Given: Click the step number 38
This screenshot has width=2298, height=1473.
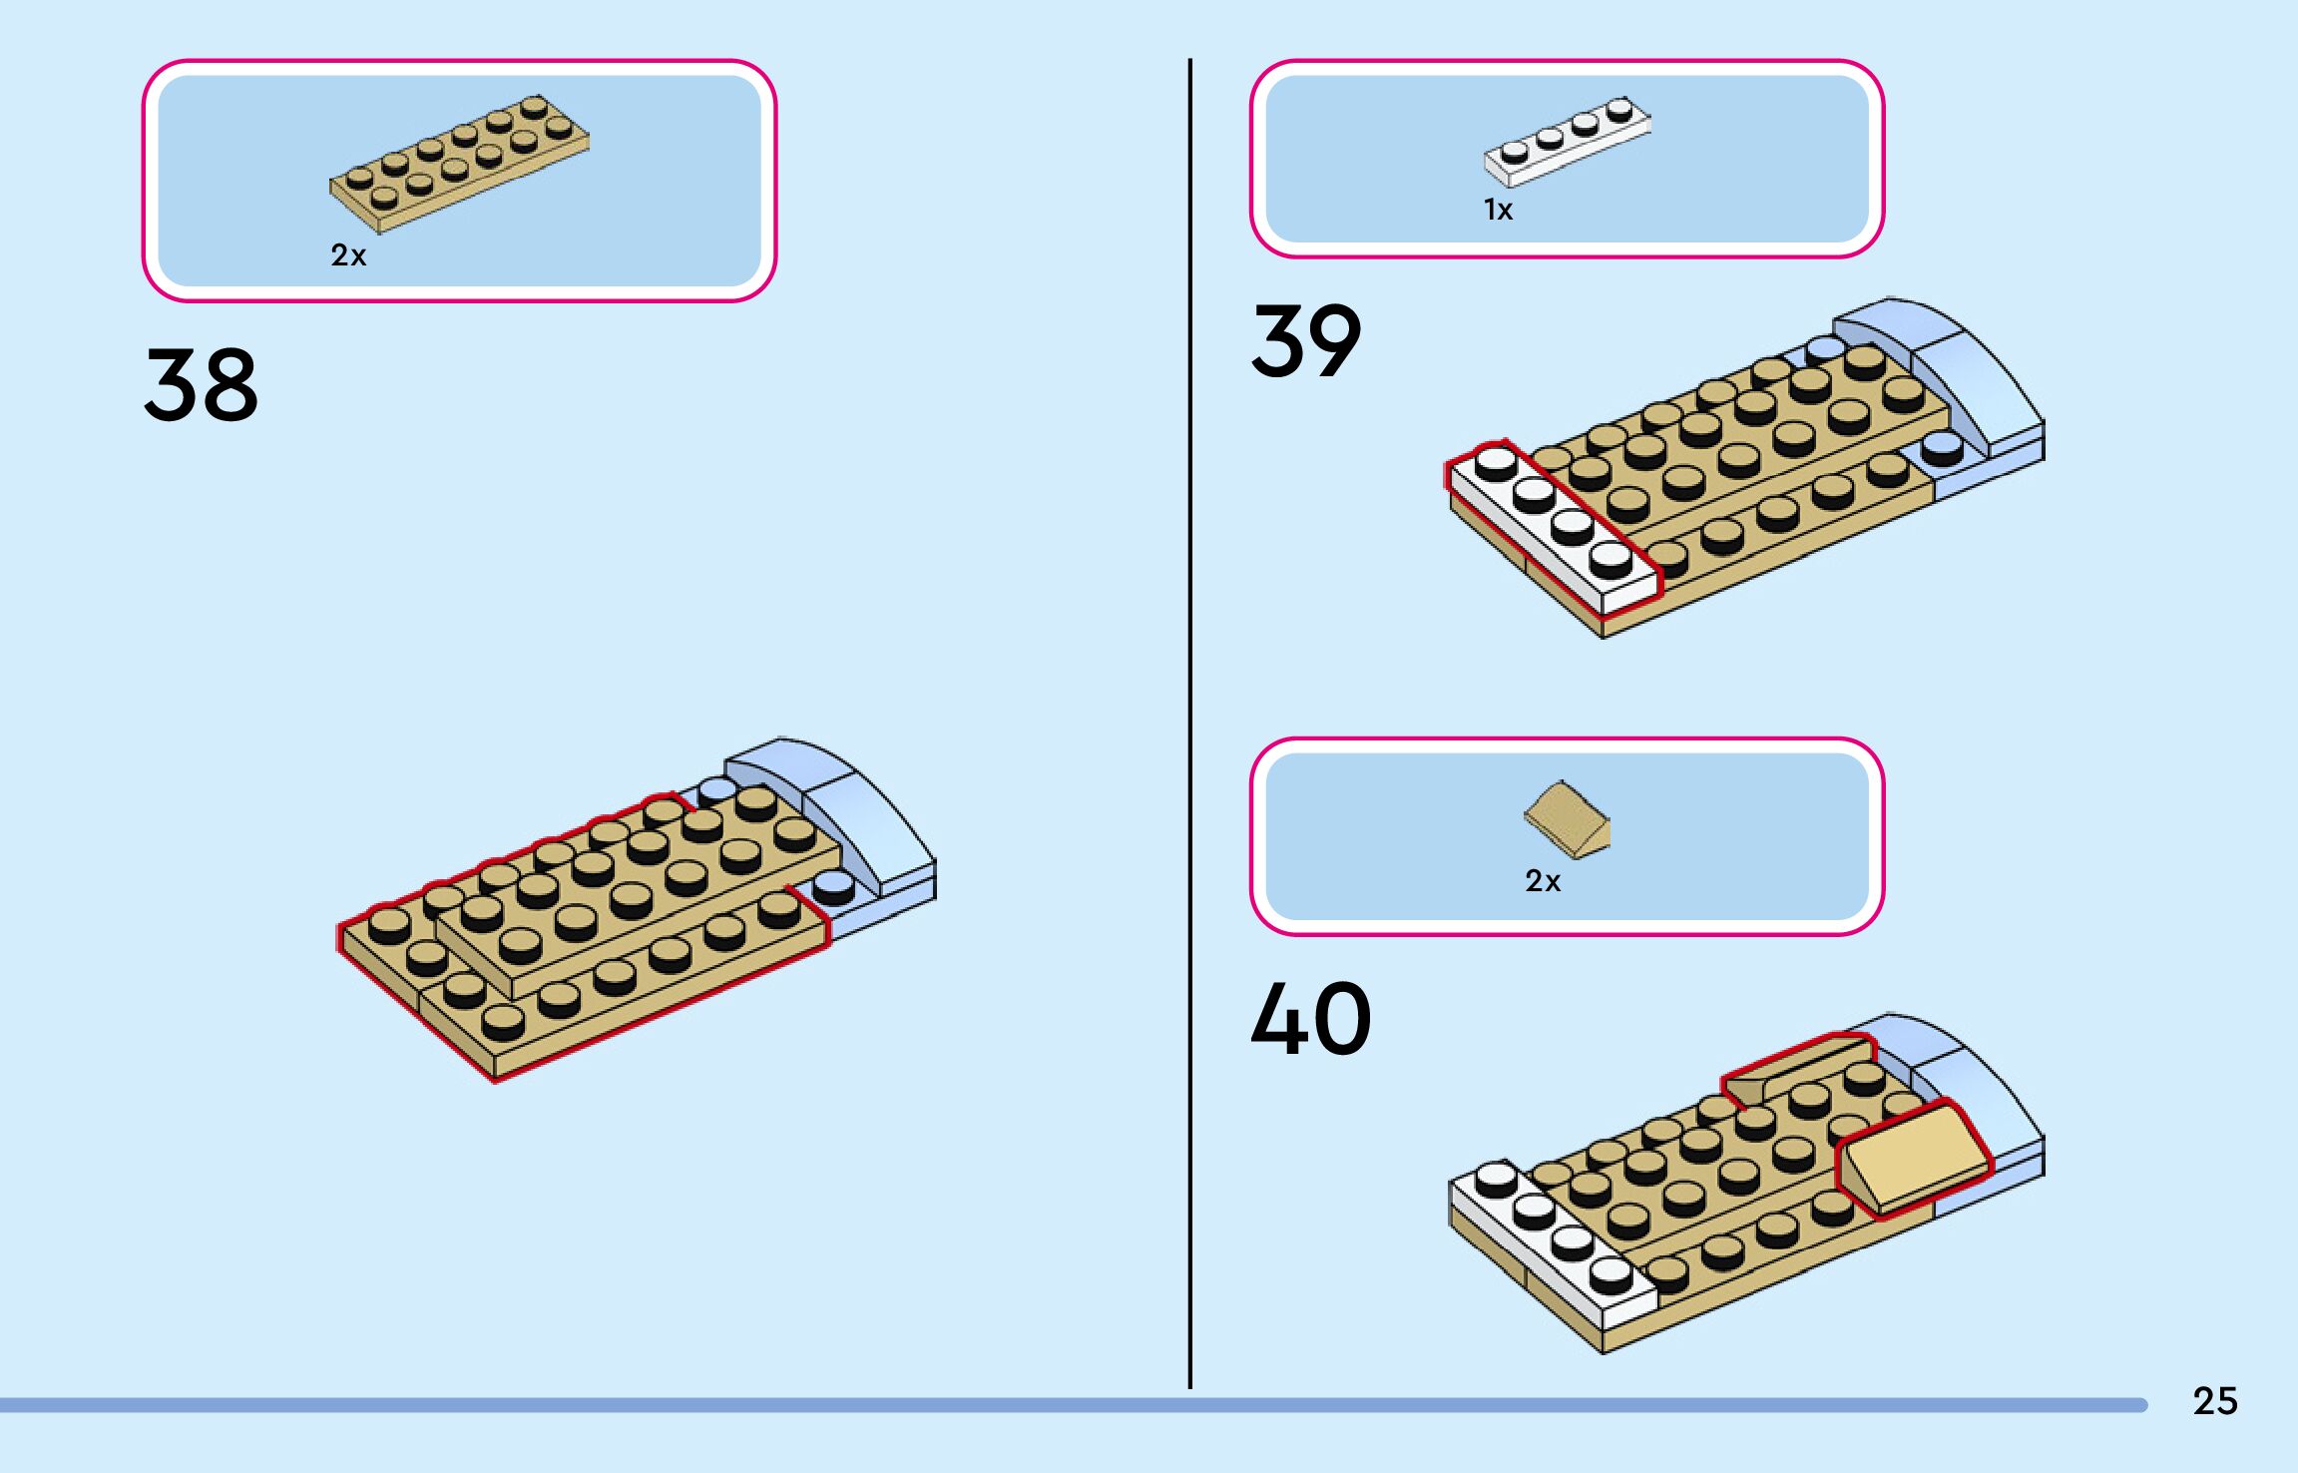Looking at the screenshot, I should [201, 384].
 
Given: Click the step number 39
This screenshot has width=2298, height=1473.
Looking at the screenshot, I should [1305, 341].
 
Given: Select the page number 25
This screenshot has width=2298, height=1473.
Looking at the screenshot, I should [2214, 1401].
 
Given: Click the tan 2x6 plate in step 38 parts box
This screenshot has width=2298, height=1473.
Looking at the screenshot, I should [459, 165].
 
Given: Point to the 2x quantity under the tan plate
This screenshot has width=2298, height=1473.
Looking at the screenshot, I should [348, 255].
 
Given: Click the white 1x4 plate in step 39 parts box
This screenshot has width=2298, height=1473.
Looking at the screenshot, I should [1567, 142].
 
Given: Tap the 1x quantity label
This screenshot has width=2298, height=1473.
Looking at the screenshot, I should [1498, 210].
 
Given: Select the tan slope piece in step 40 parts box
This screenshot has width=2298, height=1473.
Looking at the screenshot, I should [1567, 820].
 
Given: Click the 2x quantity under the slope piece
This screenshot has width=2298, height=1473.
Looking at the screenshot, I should [1542, 881].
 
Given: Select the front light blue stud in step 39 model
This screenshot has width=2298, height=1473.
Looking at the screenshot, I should [1942, 448].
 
